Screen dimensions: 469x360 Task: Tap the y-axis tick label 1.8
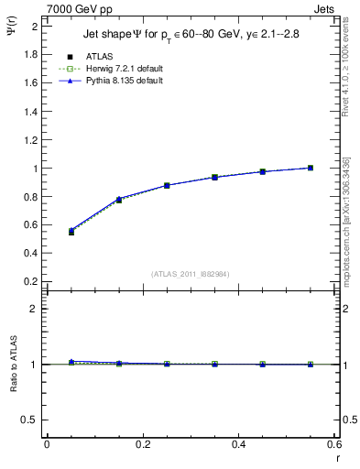pyautogui.click(x=29, y=54)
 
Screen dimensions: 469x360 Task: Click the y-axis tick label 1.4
pyautogui.click(x=29, y=111)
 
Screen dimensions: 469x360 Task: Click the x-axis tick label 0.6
pyautogui.click(x=334, y=444)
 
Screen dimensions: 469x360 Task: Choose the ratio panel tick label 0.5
pyautogui.click(x=29, y=420)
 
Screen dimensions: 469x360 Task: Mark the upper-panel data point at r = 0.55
pyautogui.click(x=311, y=168)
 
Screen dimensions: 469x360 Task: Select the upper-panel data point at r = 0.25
pyautogui.click(x=167, y=185)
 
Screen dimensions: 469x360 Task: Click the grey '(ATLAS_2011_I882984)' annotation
pyautogui.click(x=191, y=274)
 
